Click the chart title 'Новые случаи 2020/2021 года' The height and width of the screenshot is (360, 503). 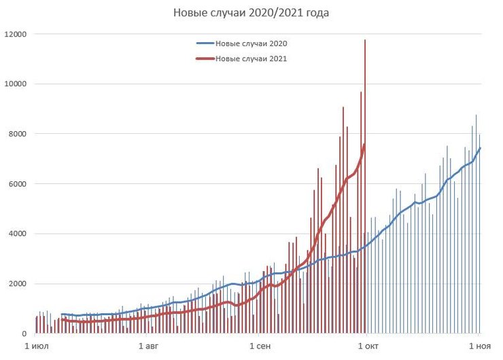(x=252, y=13)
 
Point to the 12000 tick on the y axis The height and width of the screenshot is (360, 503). (x=16, y=34)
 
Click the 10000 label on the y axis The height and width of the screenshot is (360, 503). (x=16, y=84)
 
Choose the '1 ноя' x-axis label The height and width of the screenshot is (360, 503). (x=479, y=346)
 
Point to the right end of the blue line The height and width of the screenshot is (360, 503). (x=480, y=148)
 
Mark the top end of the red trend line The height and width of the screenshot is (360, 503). (x=365, y=143)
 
